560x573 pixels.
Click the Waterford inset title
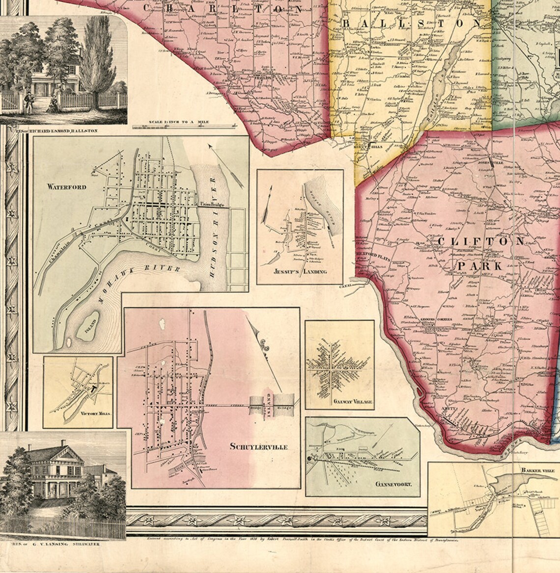[x=67, y=187]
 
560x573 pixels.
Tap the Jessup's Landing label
[x=300, y=271]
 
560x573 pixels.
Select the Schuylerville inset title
[x=258, y=446]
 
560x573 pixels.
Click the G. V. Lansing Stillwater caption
[x=51, y=544]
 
